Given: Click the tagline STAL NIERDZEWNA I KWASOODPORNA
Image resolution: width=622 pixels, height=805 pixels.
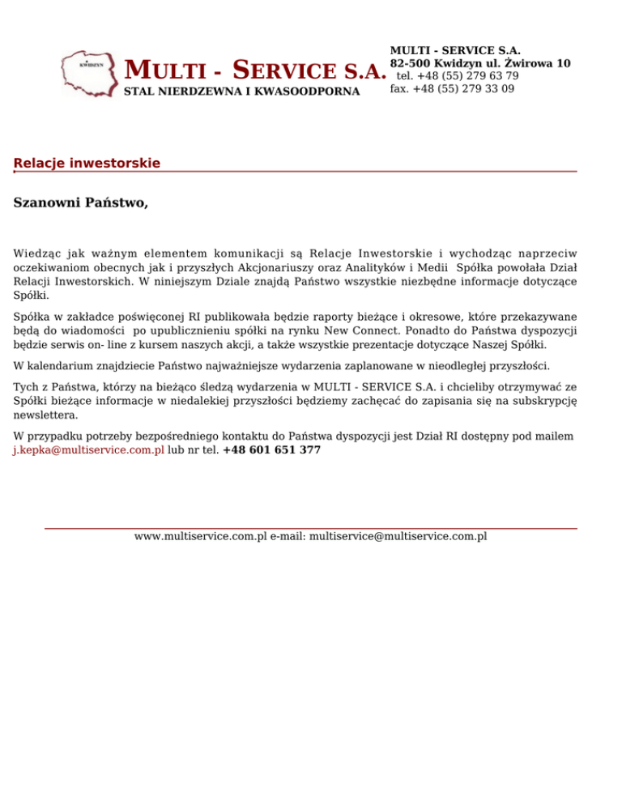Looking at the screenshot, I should (x=241, y=92).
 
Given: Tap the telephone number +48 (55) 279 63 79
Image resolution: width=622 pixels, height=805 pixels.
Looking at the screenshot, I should (x=458, y=76).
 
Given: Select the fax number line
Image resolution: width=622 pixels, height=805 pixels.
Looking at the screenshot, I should (x=452, y=89).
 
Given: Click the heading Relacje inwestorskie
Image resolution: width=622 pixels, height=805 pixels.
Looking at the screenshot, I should (x=87, y=164).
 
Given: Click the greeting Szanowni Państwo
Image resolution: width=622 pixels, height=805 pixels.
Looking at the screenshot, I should (x=81, y=202).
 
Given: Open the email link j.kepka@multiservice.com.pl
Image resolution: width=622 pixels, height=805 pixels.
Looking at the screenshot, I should (x=88, y=449).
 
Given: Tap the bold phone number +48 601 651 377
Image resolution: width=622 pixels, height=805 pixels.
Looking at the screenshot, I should (x=271, y=449).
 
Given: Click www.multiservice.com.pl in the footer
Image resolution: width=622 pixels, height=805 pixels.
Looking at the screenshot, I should (x=200, y=536).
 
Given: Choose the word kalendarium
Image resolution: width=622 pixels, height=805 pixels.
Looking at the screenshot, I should (x=62, y=366).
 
